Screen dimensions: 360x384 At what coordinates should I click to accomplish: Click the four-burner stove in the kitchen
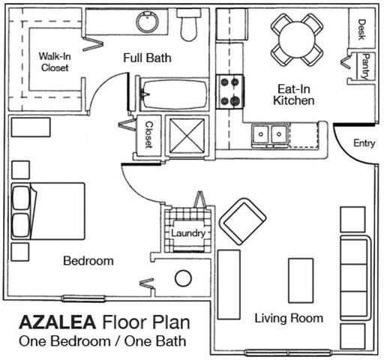tap(229, 91)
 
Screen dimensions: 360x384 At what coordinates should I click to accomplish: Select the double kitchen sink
tap(268, 134)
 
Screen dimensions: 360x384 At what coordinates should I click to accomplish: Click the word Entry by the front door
tap(364, 143)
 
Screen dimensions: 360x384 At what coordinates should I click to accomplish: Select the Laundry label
tap(187, 233)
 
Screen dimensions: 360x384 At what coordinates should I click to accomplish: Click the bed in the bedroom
tap(45, 210)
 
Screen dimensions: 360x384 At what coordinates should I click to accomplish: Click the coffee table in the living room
tap(301, 279)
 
